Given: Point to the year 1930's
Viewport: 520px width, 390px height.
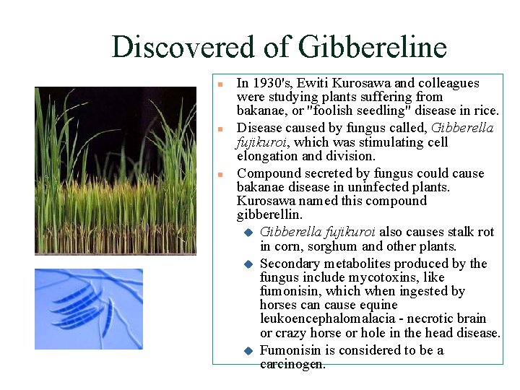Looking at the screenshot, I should coord(279,83).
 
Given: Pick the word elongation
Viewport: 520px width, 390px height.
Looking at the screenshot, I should coord(267,156).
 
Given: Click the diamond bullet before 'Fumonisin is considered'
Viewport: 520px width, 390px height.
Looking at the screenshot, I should coord(246,351).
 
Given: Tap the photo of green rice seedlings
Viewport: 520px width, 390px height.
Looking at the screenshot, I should coord(116,170).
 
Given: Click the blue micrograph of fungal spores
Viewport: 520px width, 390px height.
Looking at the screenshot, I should coord(89,309).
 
